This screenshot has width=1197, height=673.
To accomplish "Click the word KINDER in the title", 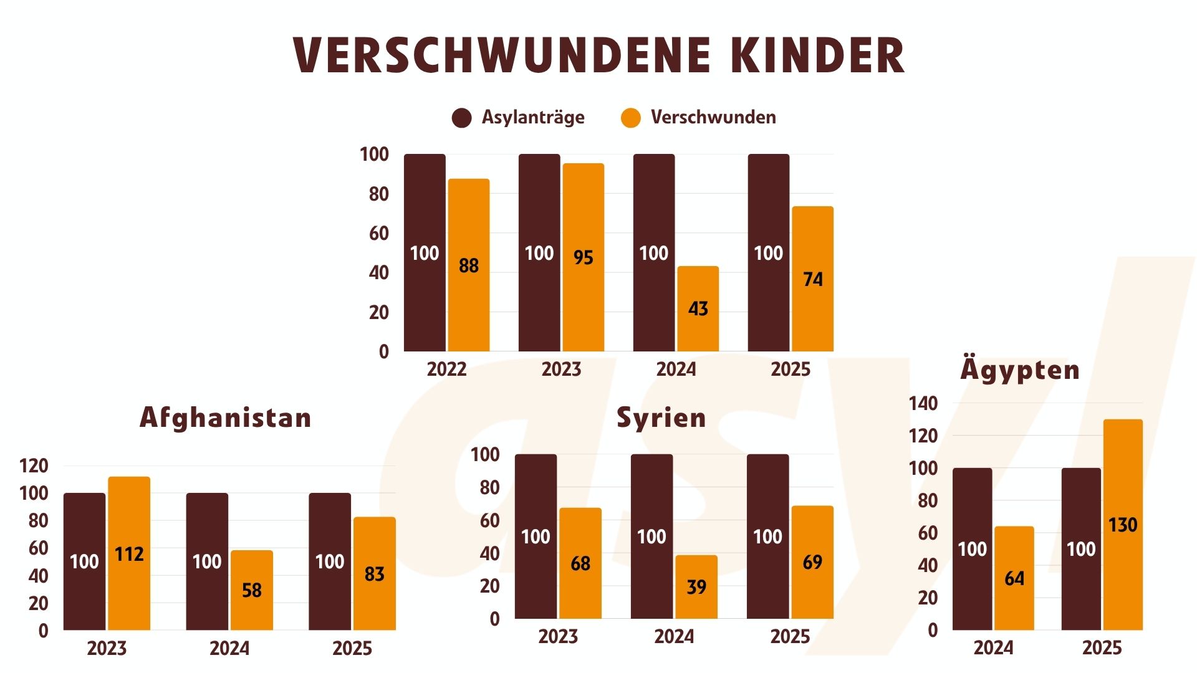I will pos(817,55).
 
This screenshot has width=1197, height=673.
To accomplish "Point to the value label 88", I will pos(469,265).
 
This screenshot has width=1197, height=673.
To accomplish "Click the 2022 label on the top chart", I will pos(446,369).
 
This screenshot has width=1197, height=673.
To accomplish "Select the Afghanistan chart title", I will pos(225,418).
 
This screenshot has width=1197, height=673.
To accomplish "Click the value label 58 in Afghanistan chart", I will pos(252,590).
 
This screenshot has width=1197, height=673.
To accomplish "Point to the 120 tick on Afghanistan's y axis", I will pos(34,466).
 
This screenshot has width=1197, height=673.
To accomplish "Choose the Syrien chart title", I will pos(661,418).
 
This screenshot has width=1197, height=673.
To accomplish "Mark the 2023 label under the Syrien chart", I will pos(558,636).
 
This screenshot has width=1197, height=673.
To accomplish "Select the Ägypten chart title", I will pos(1019,370).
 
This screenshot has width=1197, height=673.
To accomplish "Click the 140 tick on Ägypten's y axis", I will pos(923,404).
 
